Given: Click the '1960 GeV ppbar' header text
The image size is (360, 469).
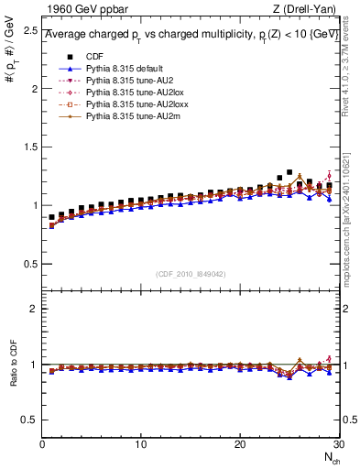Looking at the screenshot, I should pyautogui.click(x=80, y=10).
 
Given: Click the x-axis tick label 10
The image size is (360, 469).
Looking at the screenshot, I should pyautogui.click(x=140, y=444).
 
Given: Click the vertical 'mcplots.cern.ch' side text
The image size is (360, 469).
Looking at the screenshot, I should pyautogui.click(x=351, y=211).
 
